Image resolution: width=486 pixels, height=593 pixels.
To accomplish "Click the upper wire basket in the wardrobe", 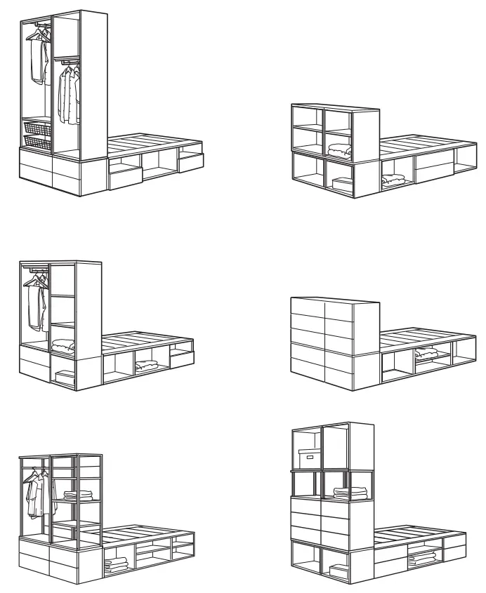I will (37, 128).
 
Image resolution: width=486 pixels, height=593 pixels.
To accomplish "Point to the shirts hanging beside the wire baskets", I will (69, 95).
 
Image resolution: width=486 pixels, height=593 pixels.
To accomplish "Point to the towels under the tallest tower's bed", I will (422, 559).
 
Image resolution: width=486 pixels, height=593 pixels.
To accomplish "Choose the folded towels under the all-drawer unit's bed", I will (426, 353).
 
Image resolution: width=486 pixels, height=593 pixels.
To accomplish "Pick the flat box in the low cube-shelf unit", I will (342, 185).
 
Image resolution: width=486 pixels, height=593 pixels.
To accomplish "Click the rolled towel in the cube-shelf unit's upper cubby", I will (340, 150).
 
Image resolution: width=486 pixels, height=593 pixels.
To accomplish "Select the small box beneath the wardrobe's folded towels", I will (64, 378).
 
